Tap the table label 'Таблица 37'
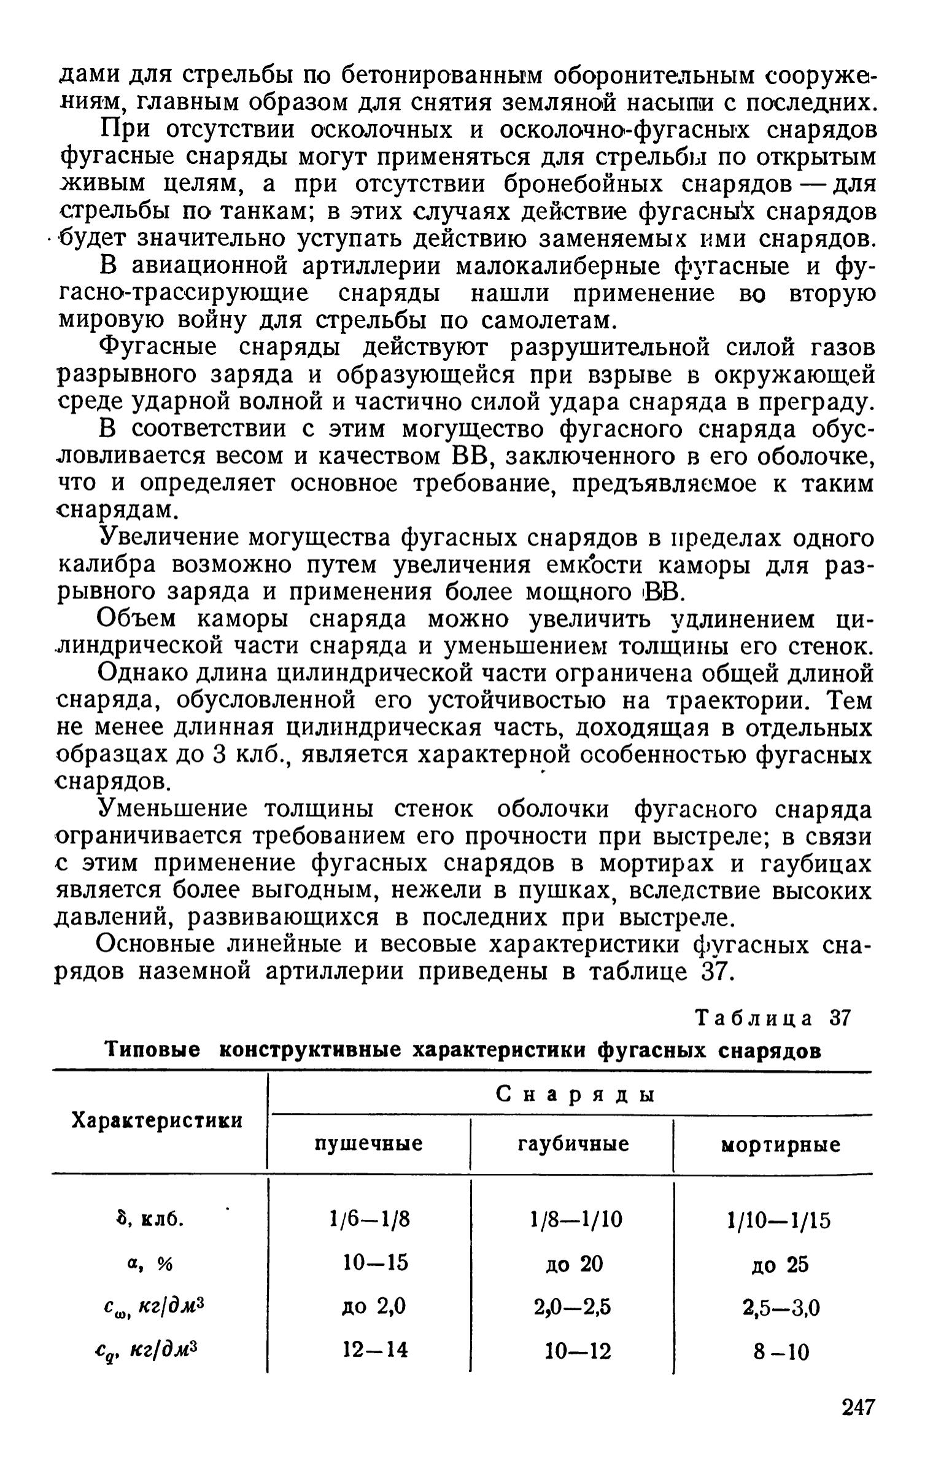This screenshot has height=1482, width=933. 773,1019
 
